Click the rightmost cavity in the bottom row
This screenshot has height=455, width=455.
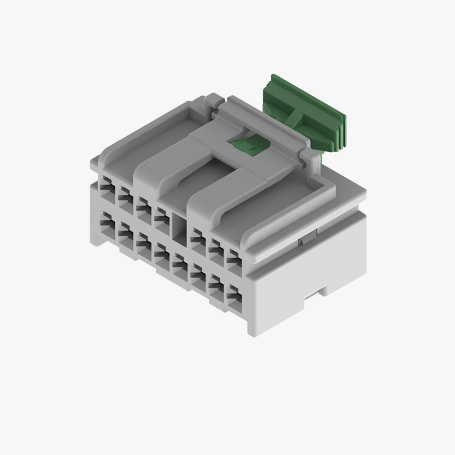coord(234,298)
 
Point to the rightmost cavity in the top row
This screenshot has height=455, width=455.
coord(234,259)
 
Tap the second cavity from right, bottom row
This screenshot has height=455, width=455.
coord(216,287)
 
